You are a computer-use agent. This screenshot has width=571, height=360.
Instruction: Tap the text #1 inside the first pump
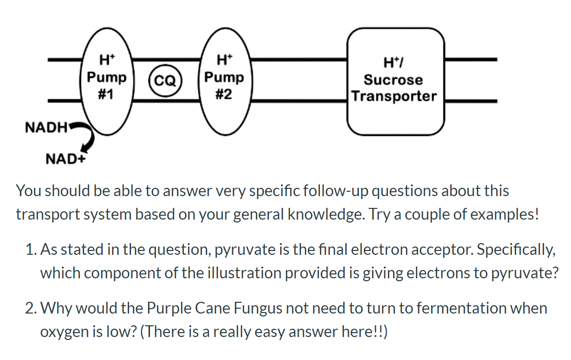coord(106,93)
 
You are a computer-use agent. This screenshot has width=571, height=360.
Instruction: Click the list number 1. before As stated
coord(30,250)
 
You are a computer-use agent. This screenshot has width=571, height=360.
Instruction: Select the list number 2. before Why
coord(30,309)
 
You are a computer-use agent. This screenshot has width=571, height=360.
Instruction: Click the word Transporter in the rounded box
coord(394,96)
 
